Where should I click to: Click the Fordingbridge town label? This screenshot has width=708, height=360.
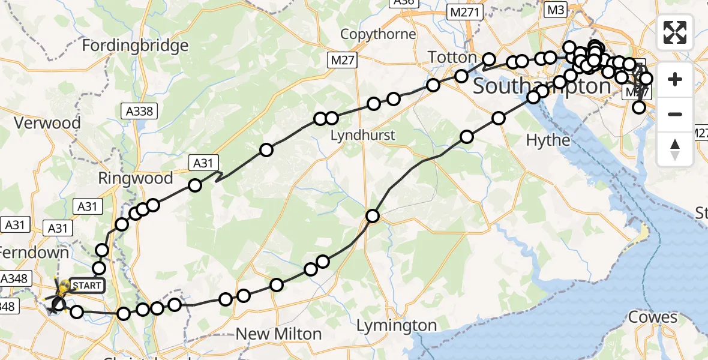tap(135, 46)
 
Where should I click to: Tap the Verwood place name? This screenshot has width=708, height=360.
tap(47, 124)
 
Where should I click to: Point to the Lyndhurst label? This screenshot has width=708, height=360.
tap(363, 135)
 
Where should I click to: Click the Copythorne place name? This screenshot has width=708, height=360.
tap(378, 34)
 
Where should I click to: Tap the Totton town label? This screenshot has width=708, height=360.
tap(452, 58)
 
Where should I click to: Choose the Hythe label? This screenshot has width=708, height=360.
tap(547, 140)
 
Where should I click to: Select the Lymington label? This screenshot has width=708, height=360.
tap(397, 326)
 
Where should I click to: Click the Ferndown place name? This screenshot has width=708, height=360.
tap(35, 253)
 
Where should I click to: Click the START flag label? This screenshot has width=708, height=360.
tap(87, 286)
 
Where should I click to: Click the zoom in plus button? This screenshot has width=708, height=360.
tap(675, 80)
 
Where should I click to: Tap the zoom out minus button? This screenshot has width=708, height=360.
tap(675, 114)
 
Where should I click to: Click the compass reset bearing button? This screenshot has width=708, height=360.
tap(675, 149)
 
